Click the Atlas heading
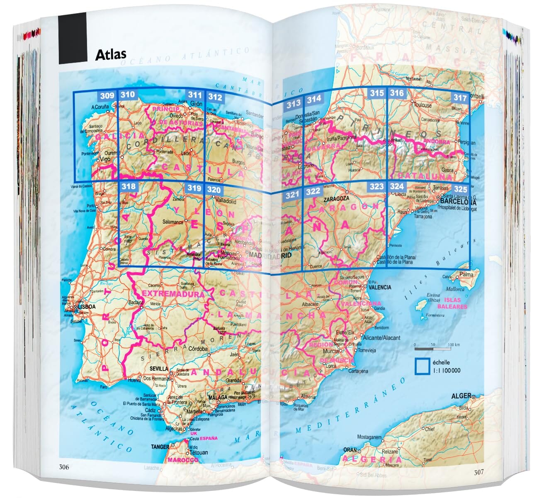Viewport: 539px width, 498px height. (111, 54)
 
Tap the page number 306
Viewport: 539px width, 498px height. (63, 467)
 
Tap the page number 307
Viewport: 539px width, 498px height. (478, 472)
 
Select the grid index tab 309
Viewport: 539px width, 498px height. (107, 96)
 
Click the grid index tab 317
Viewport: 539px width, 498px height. (460, 98)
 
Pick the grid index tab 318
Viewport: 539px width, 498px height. (128, 186)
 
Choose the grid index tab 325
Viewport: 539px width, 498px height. (460, 189)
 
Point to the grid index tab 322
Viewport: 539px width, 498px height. (313, 191)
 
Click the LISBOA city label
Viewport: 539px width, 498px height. (87, 307)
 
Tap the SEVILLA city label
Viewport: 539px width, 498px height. (159, 369)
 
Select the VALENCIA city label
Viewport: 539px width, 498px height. (380, 287)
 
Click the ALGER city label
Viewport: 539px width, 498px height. (461, 396)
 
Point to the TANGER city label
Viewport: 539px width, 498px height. (160, 447)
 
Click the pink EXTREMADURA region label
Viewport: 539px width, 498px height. (172, 294)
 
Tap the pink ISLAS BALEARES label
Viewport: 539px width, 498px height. (455, 303)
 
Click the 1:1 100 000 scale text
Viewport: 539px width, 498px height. (446, 371)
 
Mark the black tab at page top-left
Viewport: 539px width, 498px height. (73, 38)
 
